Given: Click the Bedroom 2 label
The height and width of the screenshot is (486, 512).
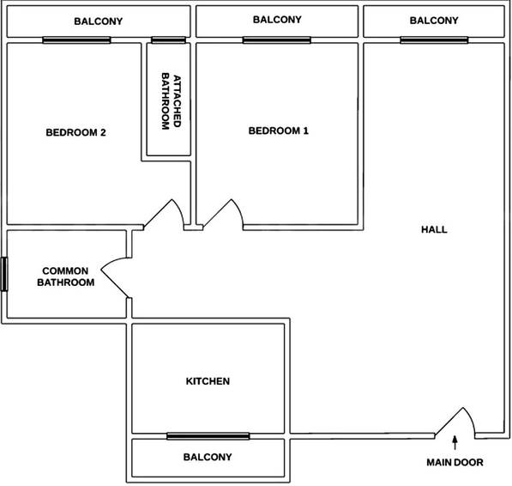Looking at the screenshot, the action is click(75, 132).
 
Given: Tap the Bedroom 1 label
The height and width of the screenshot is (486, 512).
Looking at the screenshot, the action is click(279, 131).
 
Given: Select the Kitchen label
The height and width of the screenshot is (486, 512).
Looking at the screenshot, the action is click(208, 381).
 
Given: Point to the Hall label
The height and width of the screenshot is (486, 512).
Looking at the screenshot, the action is click(434, 229).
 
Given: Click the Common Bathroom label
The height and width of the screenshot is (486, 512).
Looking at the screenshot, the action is click(66, 276).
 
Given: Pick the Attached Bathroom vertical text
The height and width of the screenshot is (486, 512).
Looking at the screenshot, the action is click(172, 101).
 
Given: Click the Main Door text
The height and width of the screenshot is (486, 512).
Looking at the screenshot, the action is click(455, 462).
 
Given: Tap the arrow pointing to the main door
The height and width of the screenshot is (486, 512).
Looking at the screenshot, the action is click(455, 443).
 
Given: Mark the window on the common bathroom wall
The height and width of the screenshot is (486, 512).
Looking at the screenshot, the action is click(4, 274).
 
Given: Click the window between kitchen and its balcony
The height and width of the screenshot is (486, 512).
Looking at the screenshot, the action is click(208, 436).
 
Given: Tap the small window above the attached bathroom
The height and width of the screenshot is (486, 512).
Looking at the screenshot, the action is click(168, 40).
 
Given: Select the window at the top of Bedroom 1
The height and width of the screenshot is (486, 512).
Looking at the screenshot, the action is click(277, 40).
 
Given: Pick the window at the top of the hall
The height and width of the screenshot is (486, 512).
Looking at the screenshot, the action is click(434, 40).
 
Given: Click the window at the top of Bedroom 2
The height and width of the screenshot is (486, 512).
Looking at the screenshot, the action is click(76, 40).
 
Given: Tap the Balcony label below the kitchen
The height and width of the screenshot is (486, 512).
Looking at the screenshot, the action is click(208, 457).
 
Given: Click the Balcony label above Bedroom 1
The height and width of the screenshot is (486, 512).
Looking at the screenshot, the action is click(277, 20).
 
